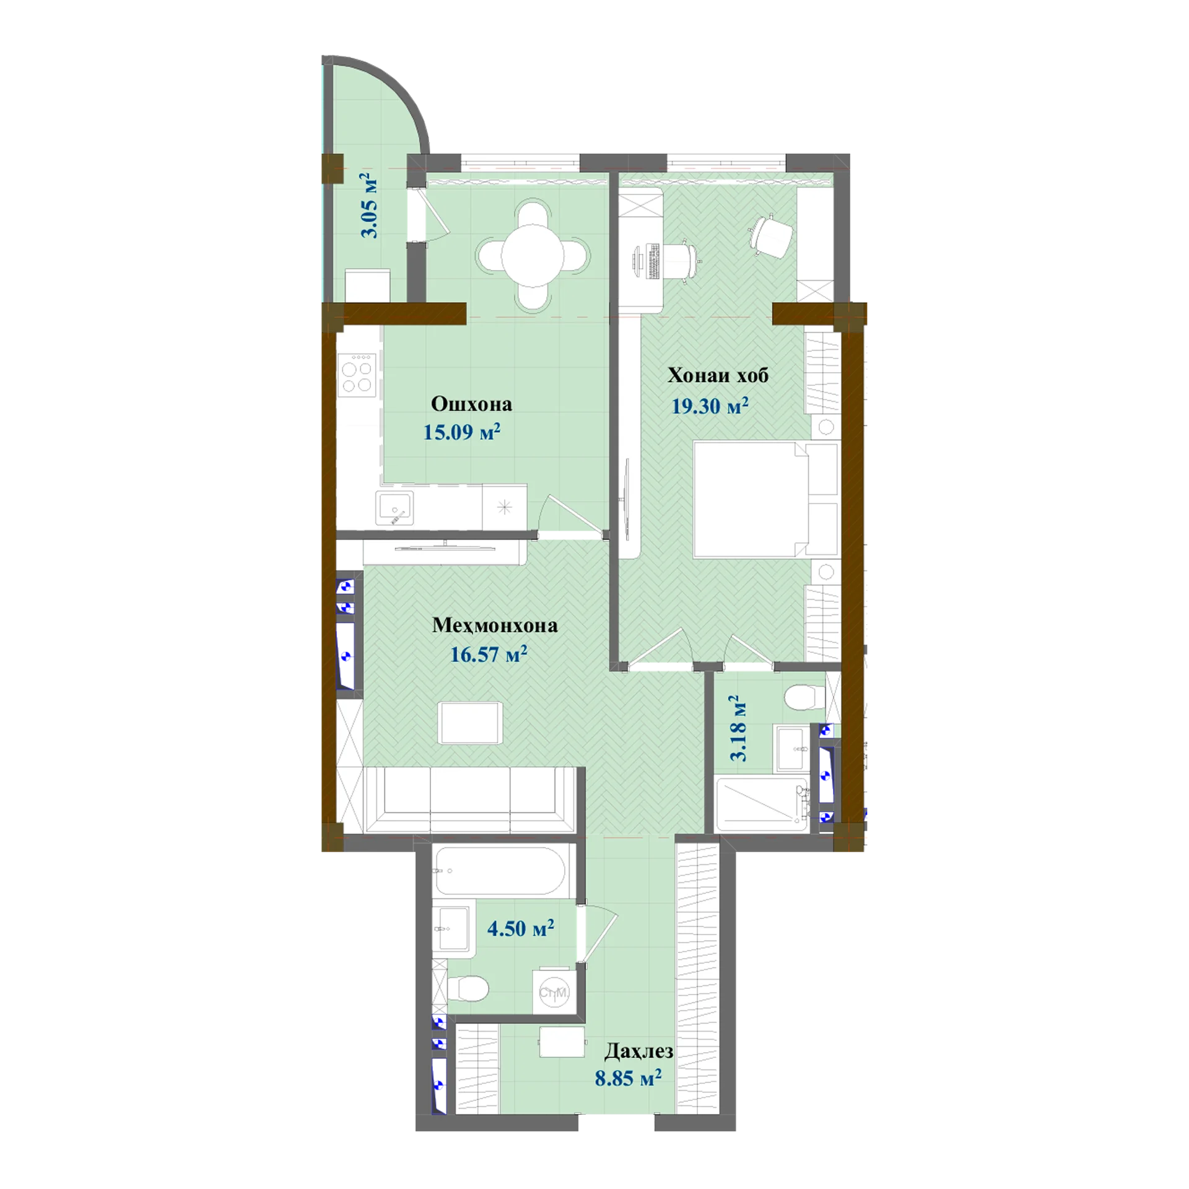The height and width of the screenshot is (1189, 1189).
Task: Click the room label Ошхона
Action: click(x=471, y=404)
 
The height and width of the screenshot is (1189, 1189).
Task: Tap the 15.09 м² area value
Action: click(x=462, y=431)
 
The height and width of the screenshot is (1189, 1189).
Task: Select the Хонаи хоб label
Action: click(x=718, y=375)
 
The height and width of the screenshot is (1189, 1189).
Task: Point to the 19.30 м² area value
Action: click(x=710, y=406)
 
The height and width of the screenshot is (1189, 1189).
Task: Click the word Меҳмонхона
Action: click(x=495, y=625)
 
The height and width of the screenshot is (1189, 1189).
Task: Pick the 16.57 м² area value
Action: click(x=489, y=654)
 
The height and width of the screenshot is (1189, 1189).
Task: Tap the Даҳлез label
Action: click(x=638, y=1051)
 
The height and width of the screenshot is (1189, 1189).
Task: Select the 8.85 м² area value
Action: click(x=628, y=1078)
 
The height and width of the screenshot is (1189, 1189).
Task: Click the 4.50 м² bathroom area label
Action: click(x=520, y=928)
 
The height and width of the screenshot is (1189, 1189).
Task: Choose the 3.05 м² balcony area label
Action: click(x=369, y=206)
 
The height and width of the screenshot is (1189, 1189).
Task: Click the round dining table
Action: click(x=533, y=255)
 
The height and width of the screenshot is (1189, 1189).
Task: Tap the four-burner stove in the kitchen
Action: click(x=357, y=375)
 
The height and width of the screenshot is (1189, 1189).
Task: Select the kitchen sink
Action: click(x=394, y=508)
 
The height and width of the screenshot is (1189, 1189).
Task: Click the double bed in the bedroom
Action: click(x=765, y=499)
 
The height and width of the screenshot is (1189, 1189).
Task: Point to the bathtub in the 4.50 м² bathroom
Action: click(x=500, y=870)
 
